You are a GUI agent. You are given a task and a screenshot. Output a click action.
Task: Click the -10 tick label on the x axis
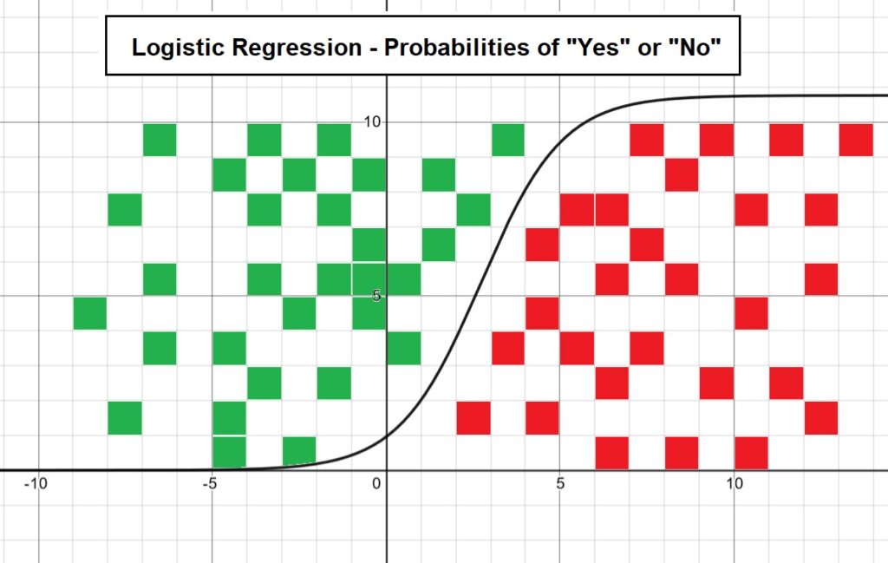pyautogui.click(x=35, y=484)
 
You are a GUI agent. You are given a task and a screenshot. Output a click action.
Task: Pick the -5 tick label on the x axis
pyautogui.click(x=209, y=484)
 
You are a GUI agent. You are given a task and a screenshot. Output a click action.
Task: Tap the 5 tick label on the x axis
pyautogui.click(x=560, y=484)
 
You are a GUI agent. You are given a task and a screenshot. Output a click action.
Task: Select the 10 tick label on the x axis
pyautogui.click(x=734, y=484)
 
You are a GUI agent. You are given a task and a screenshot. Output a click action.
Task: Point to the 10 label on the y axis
pyautogui.click(x=372, y=121)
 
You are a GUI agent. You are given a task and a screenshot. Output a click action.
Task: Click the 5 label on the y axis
pyautogui.click(x=376, y=296)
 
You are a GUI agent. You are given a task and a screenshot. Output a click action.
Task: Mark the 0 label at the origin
pyautogui.click(x=376, y=484)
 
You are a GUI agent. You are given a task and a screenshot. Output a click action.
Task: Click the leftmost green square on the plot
pyautogui.click(x=90, y=313)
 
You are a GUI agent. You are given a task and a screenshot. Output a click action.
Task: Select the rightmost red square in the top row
pyautogui.click(x=856, y=140)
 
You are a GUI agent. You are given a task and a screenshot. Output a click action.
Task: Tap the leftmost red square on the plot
pyautogui.click(x=473, y=418)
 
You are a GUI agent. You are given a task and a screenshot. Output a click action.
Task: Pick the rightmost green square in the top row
pyautogui.click(x=508, y=140)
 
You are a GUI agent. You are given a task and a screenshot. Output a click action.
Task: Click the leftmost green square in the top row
pyautogui.click(x=160, y=140)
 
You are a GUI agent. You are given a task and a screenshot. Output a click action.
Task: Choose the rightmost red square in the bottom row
pyautogui.click(x=752, y=453)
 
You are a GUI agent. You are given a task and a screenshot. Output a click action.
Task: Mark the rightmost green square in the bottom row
pyautogui.click(x=299, y=452)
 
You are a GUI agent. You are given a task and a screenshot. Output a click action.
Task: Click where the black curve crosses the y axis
pyautogui.click(x=386, y=436)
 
